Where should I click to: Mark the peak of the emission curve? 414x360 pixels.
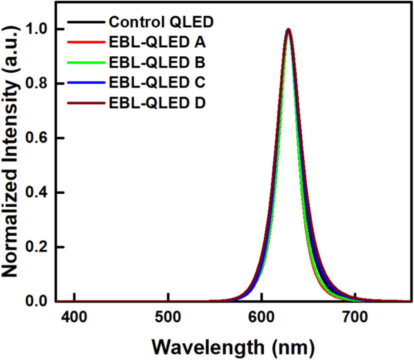click(x=289, y=29)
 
